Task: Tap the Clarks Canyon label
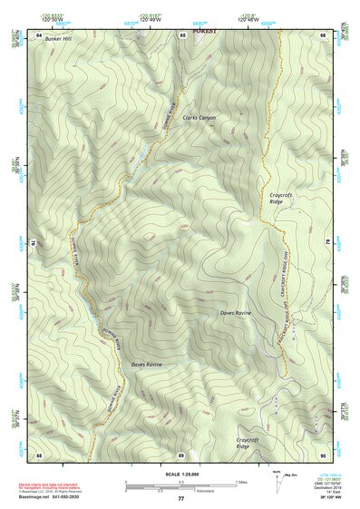199,118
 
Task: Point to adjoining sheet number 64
39,34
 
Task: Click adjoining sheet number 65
181,34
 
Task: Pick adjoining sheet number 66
323,34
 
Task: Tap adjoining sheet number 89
181,455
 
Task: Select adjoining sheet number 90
323,455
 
